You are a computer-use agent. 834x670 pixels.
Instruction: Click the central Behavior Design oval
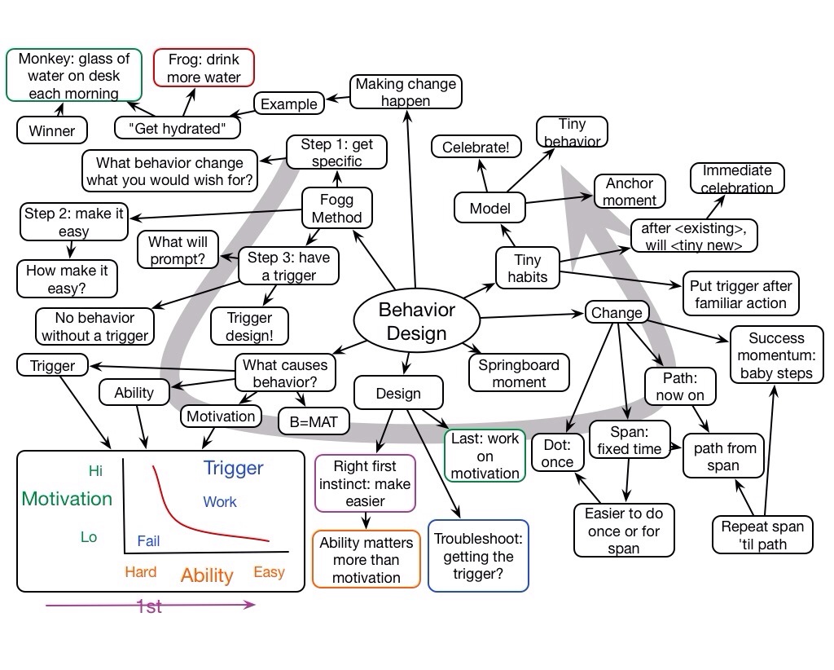click(x=416, y=320)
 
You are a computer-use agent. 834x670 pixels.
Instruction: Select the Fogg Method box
click(x=337, y=208)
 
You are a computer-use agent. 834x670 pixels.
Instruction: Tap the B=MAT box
click(x=314, y=421)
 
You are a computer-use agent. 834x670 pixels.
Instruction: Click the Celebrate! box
click(x=476, y=147)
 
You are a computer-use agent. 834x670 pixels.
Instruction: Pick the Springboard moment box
click(x=519, y=372)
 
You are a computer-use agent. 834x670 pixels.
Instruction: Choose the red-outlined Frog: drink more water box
click(x=204, y=68)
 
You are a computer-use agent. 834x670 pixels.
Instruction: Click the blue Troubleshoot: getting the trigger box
click(x=478, y=556)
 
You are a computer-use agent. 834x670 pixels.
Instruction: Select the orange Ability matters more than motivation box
click(x=367, y=560)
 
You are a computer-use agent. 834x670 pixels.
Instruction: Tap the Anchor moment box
click(x=630, y=192)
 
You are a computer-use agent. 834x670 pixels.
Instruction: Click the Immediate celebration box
click(x=737, y=179)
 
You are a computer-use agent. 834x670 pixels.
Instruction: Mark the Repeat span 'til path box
click(x=762, y=535)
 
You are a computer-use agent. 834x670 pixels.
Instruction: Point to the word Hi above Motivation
click(x=95, y=470)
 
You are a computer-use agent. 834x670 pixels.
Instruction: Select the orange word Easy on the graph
click(x=269, y=572)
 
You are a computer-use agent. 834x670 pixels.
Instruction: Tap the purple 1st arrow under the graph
click(x=150, y=605)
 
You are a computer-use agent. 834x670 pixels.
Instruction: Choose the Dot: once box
click(x=558, y=454)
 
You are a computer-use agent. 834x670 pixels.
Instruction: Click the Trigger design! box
click(x=250, y=326)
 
